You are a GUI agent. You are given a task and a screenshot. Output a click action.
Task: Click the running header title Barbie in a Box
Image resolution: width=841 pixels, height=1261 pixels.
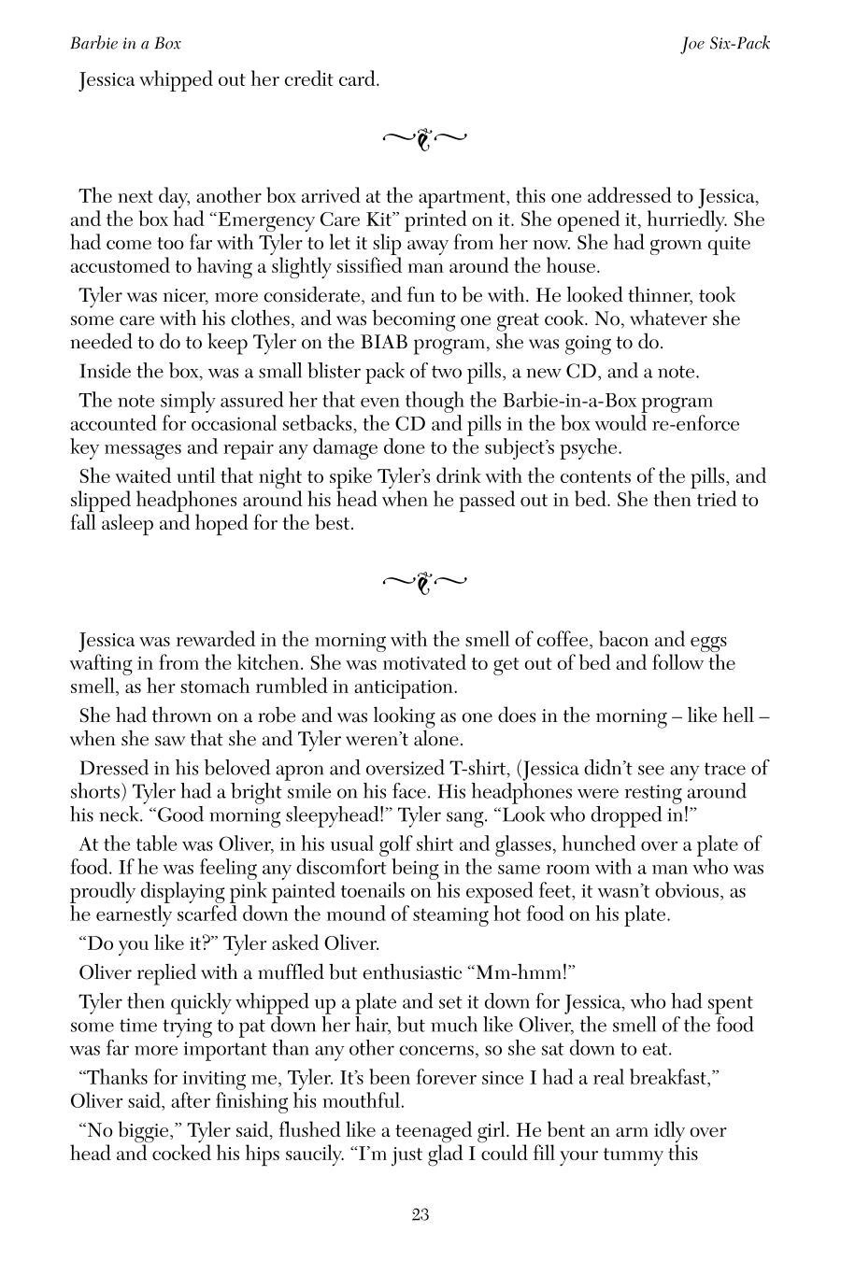(125, 43)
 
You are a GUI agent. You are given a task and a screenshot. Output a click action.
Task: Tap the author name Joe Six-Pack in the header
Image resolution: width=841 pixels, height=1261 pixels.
(725, 43)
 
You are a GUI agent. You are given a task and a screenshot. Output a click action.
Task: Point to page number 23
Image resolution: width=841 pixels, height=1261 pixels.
(420, 1214)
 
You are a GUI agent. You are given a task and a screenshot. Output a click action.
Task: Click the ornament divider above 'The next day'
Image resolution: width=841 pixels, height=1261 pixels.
(424, 139)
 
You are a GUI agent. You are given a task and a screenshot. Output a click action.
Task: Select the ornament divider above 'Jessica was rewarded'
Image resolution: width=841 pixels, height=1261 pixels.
(424, 583)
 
